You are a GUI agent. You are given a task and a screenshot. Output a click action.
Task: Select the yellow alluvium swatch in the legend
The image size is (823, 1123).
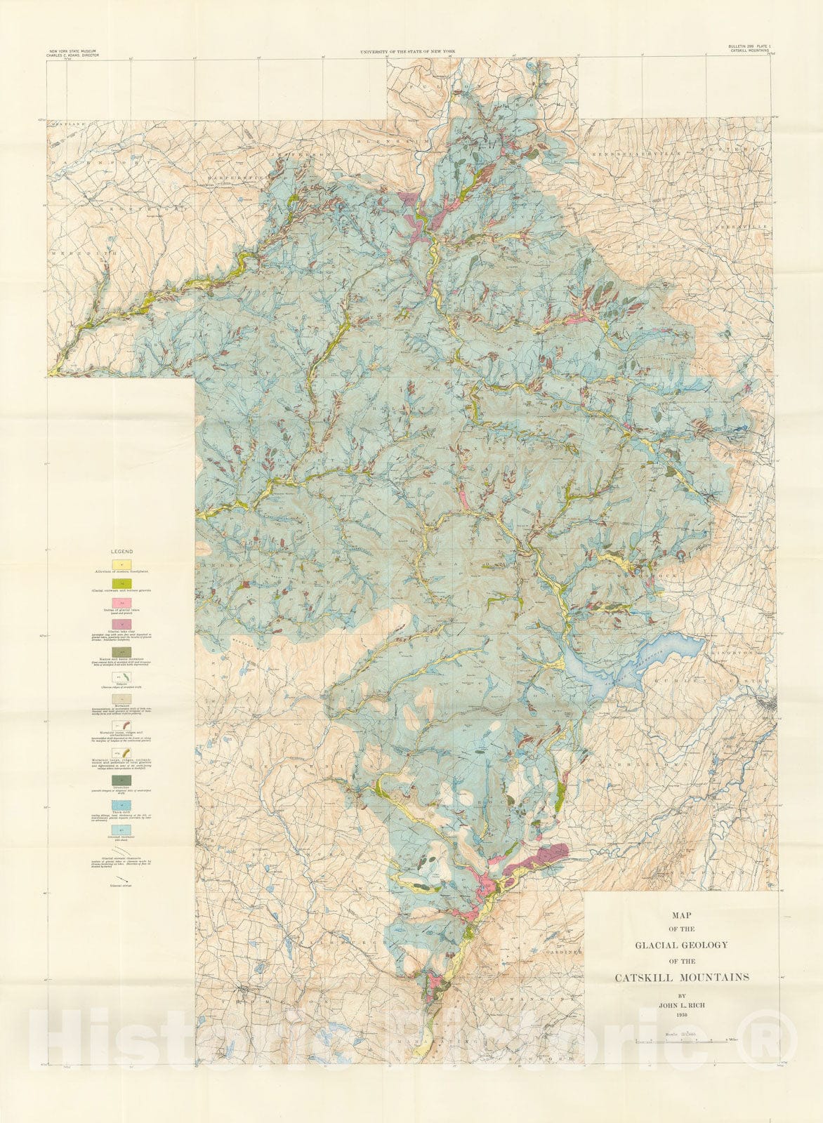121,564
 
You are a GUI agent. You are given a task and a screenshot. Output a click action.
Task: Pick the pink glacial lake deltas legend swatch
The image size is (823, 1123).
121,603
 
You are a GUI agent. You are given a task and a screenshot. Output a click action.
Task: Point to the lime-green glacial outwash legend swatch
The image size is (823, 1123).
121,583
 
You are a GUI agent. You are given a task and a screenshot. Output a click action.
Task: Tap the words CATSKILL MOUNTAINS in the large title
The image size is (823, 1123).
682,977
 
